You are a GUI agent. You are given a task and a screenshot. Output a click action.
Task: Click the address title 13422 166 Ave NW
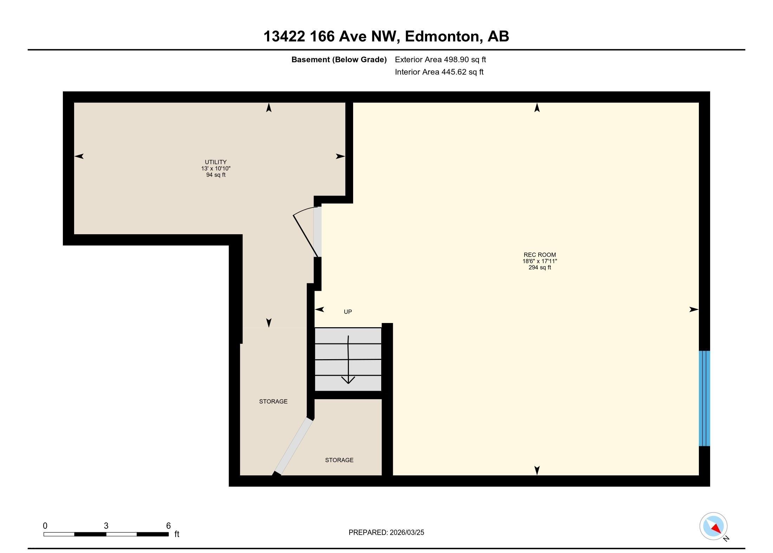coord(332,37)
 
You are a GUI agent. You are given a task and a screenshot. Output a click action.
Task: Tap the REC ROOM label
coord(540,255)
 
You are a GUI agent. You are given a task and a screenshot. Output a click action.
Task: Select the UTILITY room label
coord(216,162)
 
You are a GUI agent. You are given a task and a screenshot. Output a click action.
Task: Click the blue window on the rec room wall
coord(704,398)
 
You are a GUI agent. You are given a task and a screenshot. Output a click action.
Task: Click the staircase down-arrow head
coord(348,380)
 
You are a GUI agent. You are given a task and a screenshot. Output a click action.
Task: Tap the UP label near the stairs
coord(348,312)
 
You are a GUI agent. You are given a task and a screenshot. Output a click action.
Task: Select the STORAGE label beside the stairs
coord(273,401)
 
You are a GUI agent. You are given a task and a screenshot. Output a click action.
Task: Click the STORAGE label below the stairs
coord(339,460)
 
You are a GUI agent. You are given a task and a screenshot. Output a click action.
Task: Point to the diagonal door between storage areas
coord(294,446)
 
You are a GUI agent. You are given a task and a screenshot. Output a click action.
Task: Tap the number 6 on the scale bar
coord(168,526)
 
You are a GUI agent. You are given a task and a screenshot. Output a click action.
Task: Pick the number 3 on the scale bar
coord(106,526)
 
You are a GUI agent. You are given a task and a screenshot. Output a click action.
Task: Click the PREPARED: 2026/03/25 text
coord(386,532)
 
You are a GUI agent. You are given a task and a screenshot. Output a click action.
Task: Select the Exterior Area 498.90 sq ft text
coord(440,60)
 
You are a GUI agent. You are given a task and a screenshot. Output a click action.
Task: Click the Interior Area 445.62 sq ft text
coord(439,72)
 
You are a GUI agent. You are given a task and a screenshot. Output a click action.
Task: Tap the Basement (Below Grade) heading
coord(339,60)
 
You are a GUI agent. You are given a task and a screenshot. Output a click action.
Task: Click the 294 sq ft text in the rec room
coord(540,268)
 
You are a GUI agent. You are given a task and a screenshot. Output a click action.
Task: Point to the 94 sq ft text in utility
coord(216,175)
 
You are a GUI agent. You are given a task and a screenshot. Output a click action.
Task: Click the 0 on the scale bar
coord(45,526)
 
